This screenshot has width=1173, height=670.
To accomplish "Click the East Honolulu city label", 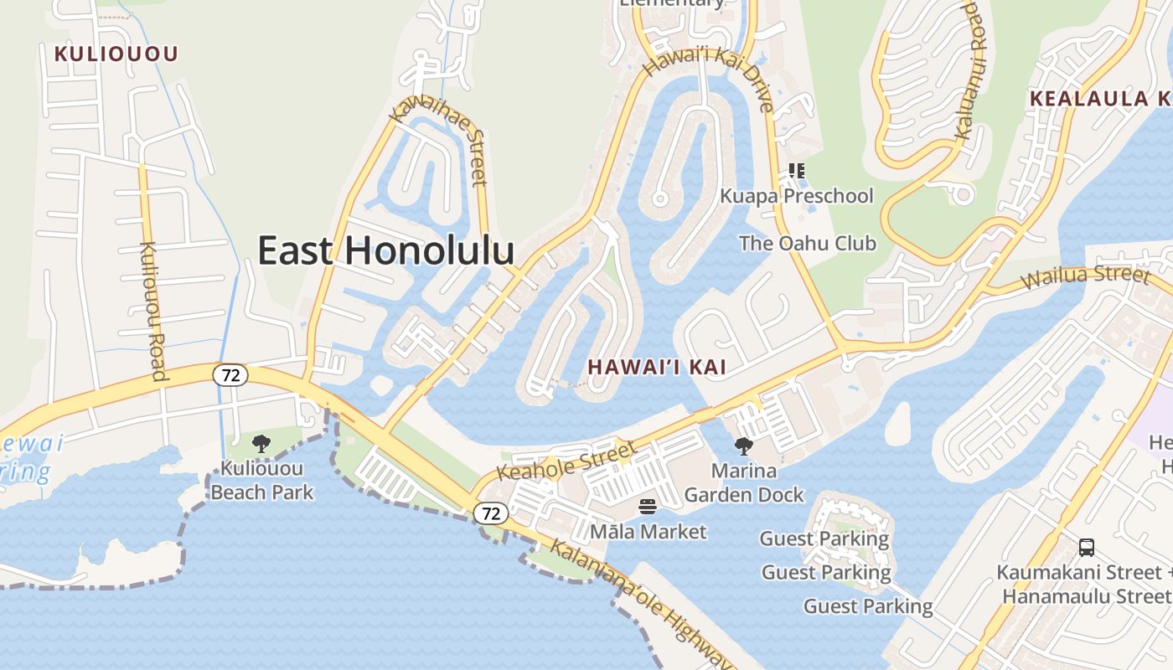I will (x=385, y=250).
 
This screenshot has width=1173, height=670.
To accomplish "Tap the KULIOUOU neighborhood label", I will (x=116, y=54).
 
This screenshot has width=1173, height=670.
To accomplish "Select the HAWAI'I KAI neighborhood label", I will (x=656, y=367).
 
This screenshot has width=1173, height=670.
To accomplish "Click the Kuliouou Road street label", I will (x=154, y=311).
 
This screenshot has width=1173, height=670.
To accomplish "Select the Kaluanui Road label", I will (x=974, y=71).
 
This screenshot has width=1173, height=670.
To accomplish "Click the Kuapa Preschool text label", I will (x=796, y=196).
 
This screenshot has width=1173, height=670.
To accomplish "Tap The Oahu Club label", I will (x=807, y=244).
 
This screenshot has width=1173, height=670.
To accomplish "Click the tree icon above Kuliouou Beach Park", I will (x=261, y=444).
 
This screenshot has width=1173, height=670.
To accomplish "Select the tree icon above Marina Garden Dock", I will (x=743, y=446).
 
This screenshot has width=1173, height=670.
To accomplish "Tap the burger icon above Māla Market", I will (x=648, y=507).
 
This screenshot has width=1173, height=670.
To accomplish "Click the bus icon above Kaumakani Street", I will (x=1087, y=548).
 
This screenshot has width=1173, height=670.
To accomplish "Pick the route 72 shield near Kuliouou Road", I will (x=230, y=375).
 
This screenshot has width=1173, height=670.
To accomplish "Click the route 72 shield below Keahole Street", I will (x=491, y=513).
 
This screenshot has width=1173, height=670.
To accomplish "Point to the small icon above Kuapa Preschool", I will (x=796, y=171).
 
